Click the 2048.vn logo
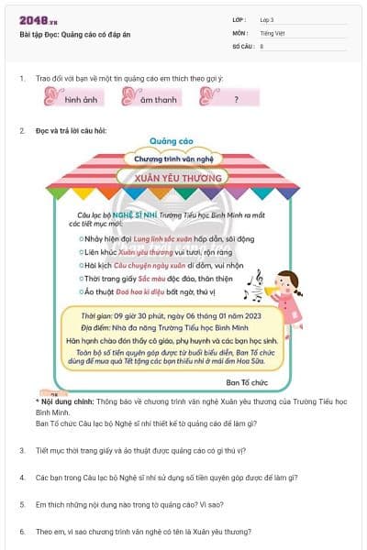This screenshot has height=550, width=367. click(34, 19)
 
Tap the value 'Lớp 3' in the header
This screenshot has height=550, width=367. click(268, 19)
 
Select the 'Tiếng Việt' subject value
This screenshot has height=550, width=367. click(271, 32)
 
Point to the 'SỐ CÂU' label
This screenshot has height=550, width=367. click(241, 45)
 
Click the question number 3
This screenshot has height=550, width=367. click(22, 450)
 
